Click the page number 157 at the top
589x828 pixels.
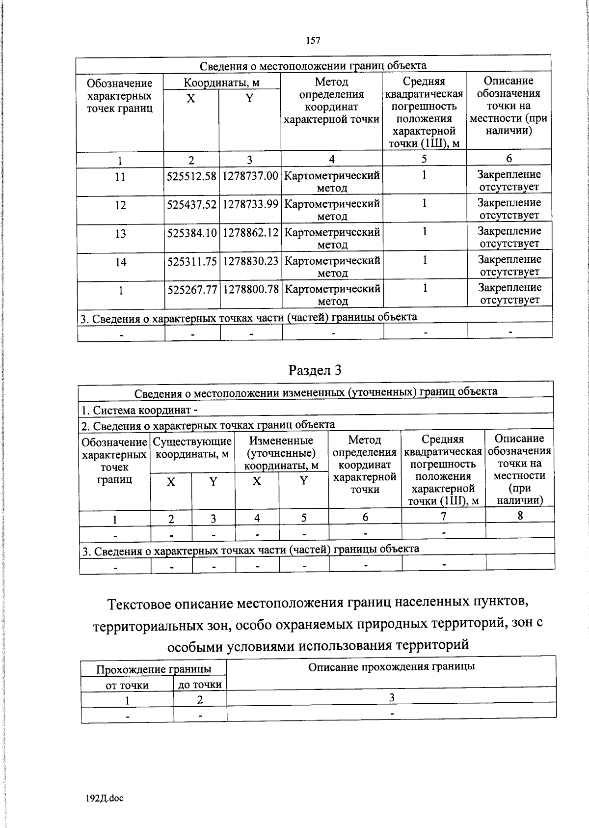click(313, 41)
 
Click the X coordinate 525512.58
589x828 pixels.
click(191, 176)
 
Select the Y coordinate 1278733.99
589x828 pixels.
click(250, 204)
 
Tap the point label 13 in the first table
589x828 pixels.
click(120, 234)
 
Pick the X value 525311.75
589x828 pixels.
click(192, 262)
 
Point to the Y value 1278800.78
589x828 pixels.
click(251, 290)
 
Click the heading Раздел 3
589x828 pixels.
click(315, 370)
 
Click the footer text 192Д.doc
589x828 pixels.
click(104, 799)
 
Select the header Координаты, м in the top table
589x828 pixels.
click(221, 83)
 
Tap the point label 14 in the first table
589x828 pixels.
click(121, 262)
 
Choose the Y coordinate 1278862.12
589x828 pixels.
click(251, 233)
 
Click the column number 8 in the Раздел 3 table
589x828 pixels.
click(520, 515)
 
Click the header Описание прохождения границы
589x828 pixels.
click(391, 666)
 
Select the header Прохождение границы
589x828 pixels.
click(154, 669)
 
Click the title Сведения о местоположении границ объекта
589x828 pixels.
click(313, 66)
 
